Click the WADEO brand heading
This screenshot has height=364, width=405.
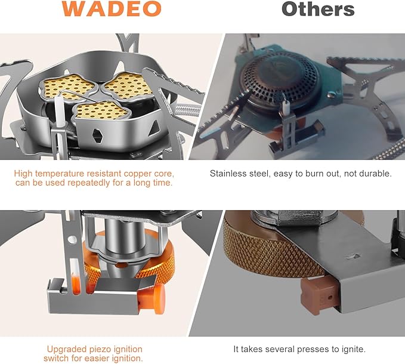tap(112, 9)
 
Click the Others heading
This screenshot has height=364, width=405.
tap(318, 9)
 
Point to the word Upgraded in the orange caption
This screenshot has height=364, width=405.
tap(67, 349)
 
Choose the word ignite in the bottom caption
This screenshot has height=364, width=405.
tap(351, 349)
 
